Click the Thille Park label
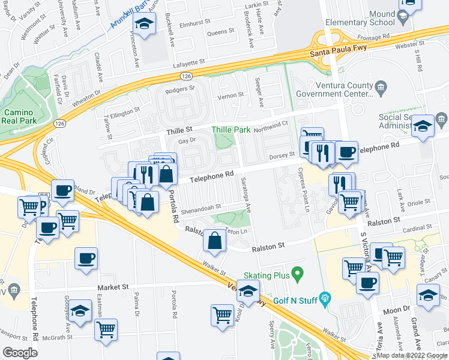coord(230,129)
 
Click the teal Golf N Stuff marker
coord(325,296)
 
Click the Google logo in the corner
coord(20,352)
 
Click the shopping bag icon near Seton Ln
coord(215,241)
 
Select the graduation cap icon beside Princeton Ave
coord(143,24)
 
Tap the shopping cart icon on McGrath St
coord(106,329)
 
